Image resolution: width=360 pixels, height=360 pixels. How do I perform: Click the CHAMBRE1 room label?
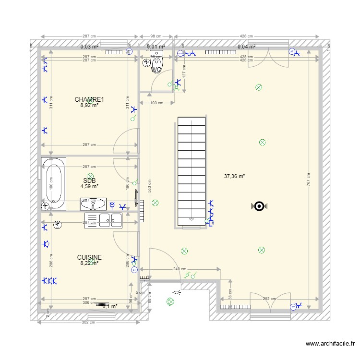[89, 99]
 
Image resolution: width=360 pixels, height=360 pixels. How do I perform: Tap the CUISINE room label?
[89, 257]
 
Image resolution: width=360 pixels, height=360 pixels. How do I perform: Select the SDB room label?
[89, 180]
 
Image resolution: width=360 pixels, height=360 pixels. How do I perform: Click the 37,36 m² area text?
[234, 176]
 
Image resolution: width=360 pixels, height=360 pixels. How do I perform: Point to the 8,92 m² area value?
[89, 106]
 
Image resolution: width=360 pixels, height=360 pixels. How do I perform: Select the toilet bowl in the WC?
[157, 63]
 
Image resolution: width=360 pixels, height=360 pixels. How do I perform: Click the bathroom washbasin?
[94, 204]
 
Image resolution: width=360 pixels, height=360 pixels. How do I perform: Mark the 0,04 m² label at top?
[246, 47]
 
